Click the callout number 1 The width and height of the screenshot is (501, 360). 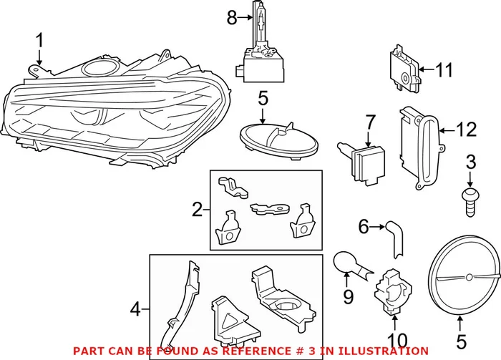pyautogui.click(x=40, y=42)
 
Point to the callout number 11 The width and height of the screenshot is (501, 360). pyautogui.click(x=444, y=70)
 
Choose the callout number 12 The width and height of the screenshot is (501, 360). pyautogui.click(x=466, y=130)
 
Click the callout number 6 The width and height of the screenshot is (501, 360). pyautogui.click(x=363, y=227)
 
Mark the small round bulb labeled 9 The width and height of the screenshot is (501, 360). pyautogui.click(x=348, y=264)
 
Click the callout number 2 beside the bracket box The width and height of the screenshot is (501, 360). pyautogui.click(x=198, y=210)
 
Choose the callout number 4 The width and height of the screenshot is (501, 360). pyautogui.click(x=135, y=310)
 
